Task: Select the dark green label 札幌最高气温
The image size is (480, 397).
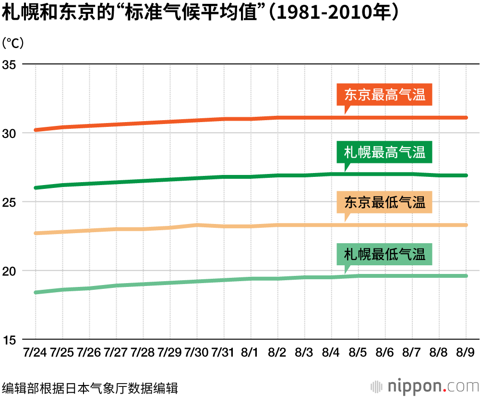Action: pyautogui.click(x=384, y=153)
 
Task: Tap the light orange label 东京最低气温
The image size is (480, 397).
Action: pyautogui.click(x=384, y=202)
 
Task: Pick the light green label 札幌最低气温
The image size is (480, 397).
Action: pyautogui.click(x=384, y=254)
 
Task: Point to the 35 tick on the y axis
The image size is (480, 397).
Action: pyautogui.click(x=10, y=64)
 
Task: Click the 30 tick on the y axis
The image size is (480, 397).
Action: pyautogui.click(x=10, y=133)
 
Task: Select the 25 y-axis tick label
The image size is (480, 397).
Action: pyautogui.click(x=10, y=202)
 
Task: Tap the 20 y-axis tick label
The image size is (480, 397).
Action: pyautogui.click(x=10, y=271)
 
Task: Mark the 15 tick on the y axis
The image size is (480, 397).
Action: pyautogui.click(x=10, y=339)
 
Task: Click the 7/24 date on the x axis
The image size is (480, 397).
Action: pyautogui.click(x=35, y=353)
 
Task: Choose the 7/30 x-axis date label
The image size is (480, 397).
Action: pyautogui.click(x=197, y=353)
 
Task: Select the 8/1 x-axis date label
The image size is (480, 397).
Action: pyautogui.click(x=251, y=353)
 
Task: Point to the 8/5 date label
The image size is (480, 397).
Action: pyautogui.click(x=358, y=353)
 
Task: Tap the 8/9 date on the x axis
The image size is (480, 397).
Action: pyautogui.click(x=466, y=353)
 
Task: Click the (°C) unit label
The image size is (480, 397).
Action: pyautogui.click(x=13, y=43)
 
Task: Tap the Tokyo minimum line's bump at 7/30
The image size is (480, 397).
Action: pyautogui.click(x=197, y=224)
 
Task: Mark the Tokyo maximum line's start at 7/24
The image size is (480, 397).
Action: pyautogui.click(x=36, y=130)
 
